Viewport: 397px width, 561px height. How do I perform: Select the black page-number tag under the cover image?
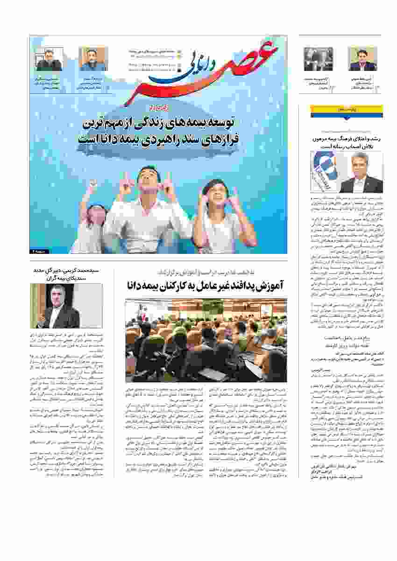tap(35, 251)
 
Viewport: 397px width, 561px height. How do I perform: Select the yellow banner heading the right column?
tap(347, 110)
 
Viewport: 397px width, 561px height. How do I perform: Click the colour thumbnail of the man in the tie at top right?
tap(362, 59)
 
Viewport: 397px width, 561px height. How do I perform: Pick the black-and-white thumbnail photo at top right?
tap(319, 59)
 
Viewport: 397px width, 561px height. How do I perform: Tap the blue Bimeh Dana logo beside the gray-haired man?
tap(323, 172)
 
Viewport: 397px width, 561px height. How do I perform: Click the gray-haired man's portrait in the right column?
tap(361, 173)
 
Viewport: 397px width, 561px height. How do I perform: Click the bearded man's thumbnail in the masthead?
tap(93, 59)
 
